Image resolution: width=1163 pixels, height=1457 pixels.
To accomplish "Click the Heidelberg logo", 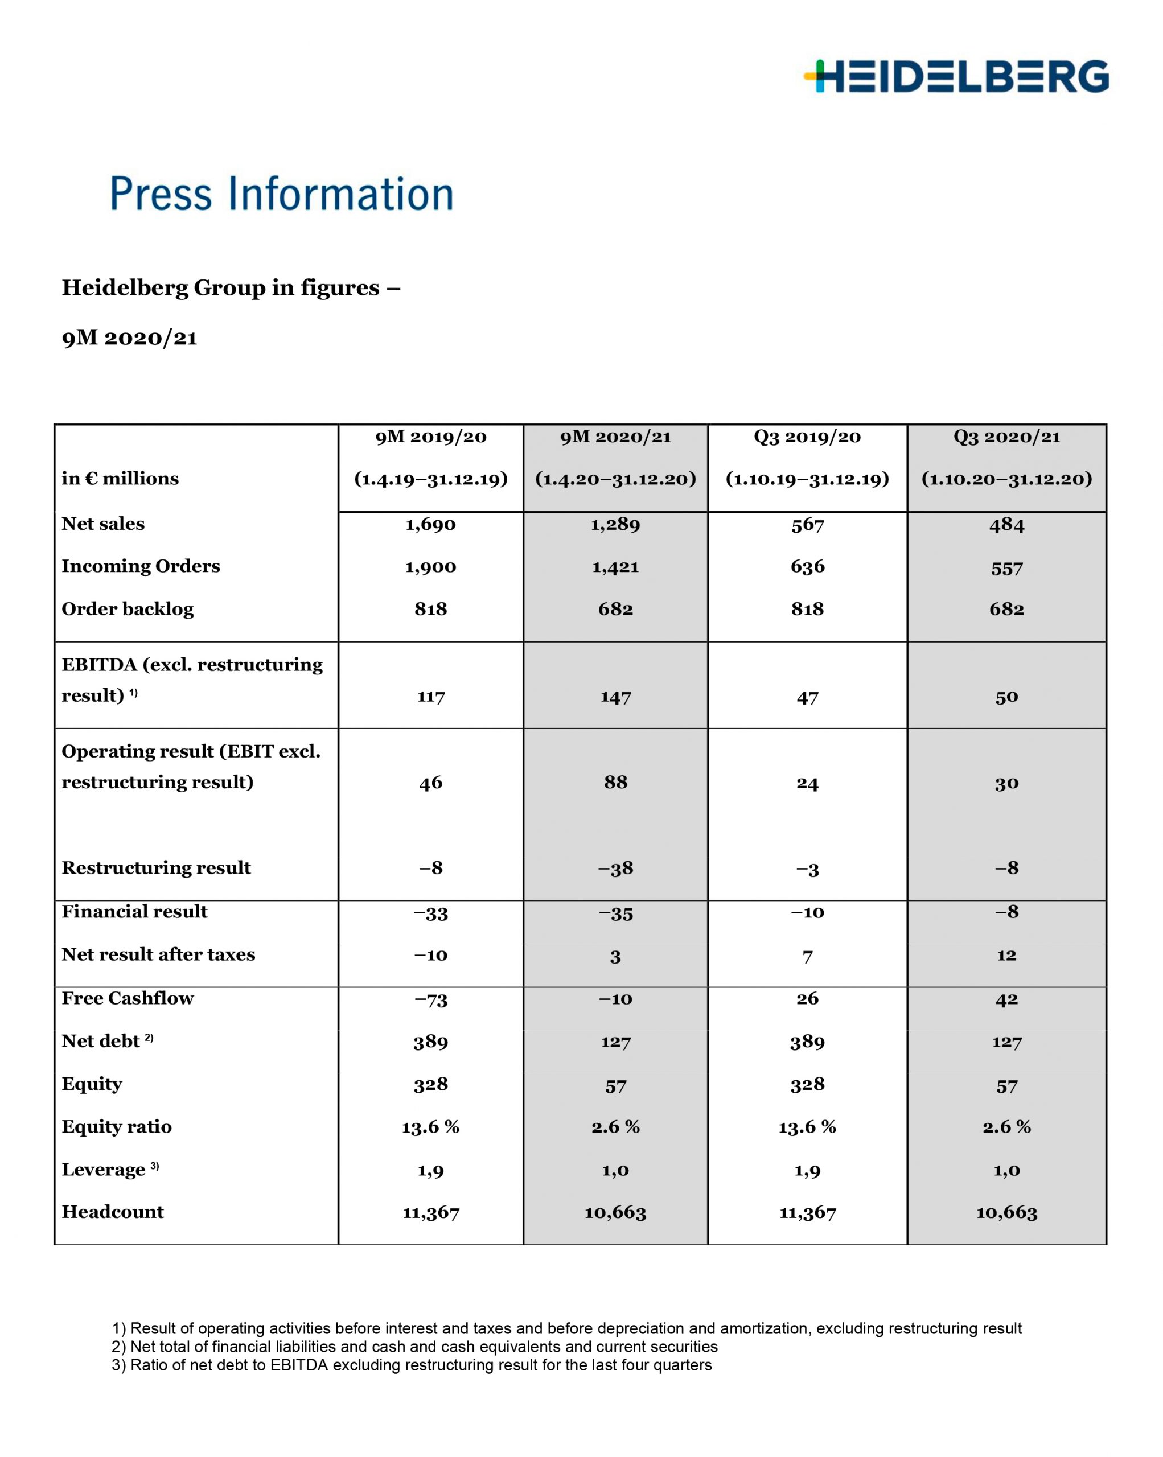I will (x=956, y=76).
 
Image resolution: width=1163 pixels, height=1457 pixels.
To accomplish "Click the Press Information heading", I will (x=281, y=194).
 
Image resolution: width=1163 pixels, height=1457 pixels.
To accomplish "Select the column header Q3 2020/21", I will (x=1006, y=437).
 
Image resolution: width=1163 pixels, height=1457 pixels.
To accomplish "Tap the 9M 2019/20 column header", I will (x=430, y=437).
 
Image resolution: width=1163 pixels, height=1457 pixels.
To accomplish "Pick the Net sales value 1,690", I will (x=430, y=524).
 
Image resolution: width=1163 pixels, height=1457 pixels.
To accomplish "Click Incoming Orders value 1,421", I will (x=615, y=567).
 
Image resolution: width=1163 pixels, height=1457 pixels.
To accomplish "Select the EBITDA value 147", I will (x=615, y=697).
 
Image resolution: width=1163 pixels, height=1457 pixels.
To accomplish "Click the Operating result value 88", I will (x=615, y=783).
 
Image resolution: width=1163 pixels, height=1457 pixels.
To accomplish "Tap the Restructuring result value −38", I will (x=615, y=869).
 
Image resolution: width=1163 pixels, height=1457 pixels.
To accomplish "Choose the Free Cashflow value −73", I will (x=430, y=999).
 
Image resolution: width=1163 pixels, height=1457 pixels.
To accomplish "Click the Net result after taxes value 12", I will (x=1006, y=956).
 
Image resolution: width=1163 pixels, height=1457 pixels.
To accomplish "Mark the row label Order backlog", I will (x=128, y=610).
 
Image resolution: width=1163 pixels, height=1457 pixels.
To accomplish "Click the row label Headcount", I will (x=113, y=1212).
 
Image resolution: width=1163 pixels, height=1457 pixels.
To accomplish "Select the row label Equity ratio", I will (x=117, y=1126).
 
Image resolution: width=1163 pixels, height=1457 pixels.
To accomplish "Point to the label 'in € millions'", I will (x=120, y=479).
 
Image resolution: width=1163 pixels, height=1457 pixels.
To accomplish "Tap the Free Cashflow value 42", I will (x=1006, y=999).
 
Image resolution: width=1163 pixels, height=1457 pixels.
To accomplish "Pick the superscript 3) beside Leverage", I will (x=155, y=1166).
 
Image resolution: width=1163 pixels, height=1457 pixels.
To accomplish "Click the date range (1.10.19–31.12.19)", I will (x=807, y=480).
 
